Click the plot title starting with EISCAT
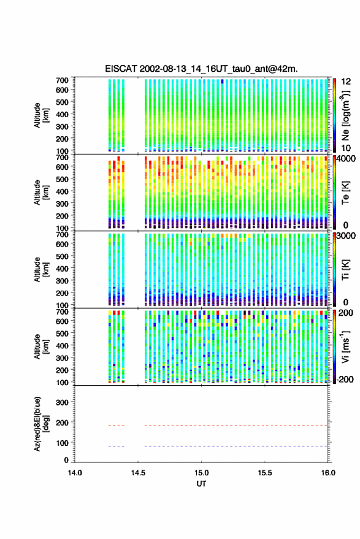[x=201, y=69]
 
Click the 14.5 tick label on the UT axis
[x=138, y=473]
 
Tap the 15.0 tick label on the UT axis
[x=201, y=473]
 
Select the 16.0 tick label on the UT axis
[x=328, y=473]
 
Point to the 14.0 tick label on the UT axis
[x=75, y=473]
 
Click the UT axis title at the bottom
[x=201, y=484]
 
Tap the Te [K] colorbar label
[x=345, y=193]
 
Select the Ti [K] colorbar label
[x=345, y=270]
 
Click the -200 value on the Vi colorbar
[x=345, y=379]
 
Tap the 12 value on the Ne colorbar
[x=346, y=82]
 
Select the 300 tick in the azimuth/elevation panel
[x=62, y=402]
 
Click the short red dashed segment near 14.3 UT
[x=117, y=426]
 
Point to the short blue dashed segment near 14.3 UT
[x=117, y=446]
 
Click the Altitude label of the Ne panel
[x=41, y=115]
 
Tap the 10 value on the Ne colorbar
[x=346, y=148]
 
